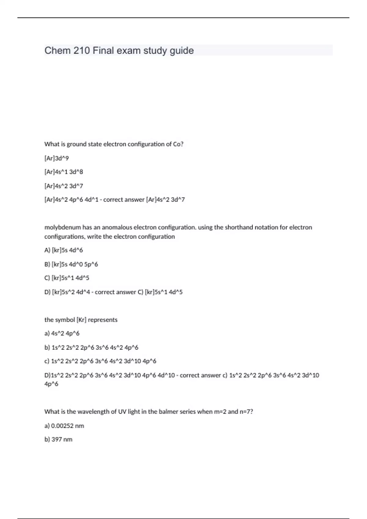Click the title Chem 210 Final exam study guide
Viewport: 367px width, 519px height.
pyautogui.click(x=119, y=50)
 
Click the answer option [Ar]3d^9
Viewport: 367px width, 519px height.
pyautogui.click(x=57, y=158)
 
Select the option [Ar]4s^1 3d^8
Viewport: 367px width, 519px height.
pyautogui.click(x=64, y=172)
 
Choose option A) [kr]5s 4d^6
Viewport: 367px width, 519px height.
pyautogui.click(x=64, y=250)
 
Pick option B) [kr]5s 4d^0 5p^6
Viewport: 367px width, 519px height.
pyautogui.click(x=71, y=264)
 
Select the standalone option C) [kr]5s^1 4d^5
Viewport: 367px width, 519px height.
pyautogui.click(x=67, y=278)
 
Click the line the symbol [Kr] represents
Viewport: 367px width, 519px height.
pyautogui.click(x=81, y=320)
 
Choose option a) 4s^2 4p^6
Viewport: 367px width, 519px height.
pyautogui.click(x=62, y=333)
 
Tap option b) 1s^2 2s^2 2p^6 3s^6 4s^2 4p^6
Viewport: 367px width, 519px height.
pyautogui.click(x=91, y=347)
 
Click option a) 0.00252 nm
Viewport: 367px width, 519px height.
pyautogui.click(x=64, y=426)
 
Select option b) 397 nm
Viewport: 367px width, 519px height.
pyautogui.click(x=58, y=439)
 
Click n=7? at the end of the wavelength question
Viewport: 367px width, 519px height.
pyautogui.click(x=246, y=412)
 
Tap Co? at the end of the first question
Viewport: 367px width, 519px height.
pyautogui.click(x=178, y=144)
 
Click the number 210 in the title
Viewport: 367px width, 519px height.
pyautogui.click(x=82, y=50)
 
